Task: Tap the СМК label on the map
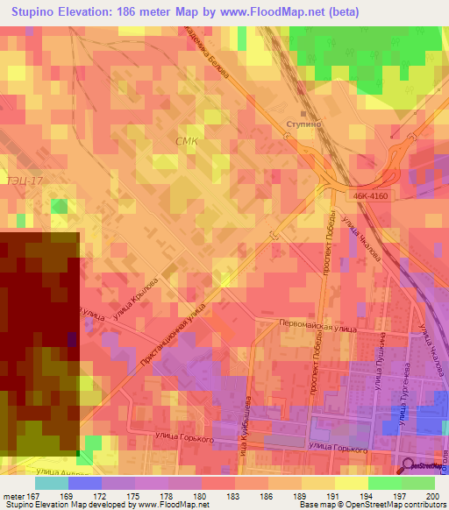tap(188, 141)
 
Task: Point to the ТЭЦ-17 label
tap(24, 180)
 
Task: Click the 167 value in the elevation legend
tap(35, 496)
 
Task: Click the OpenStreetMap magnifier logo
tap(408, 465)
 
